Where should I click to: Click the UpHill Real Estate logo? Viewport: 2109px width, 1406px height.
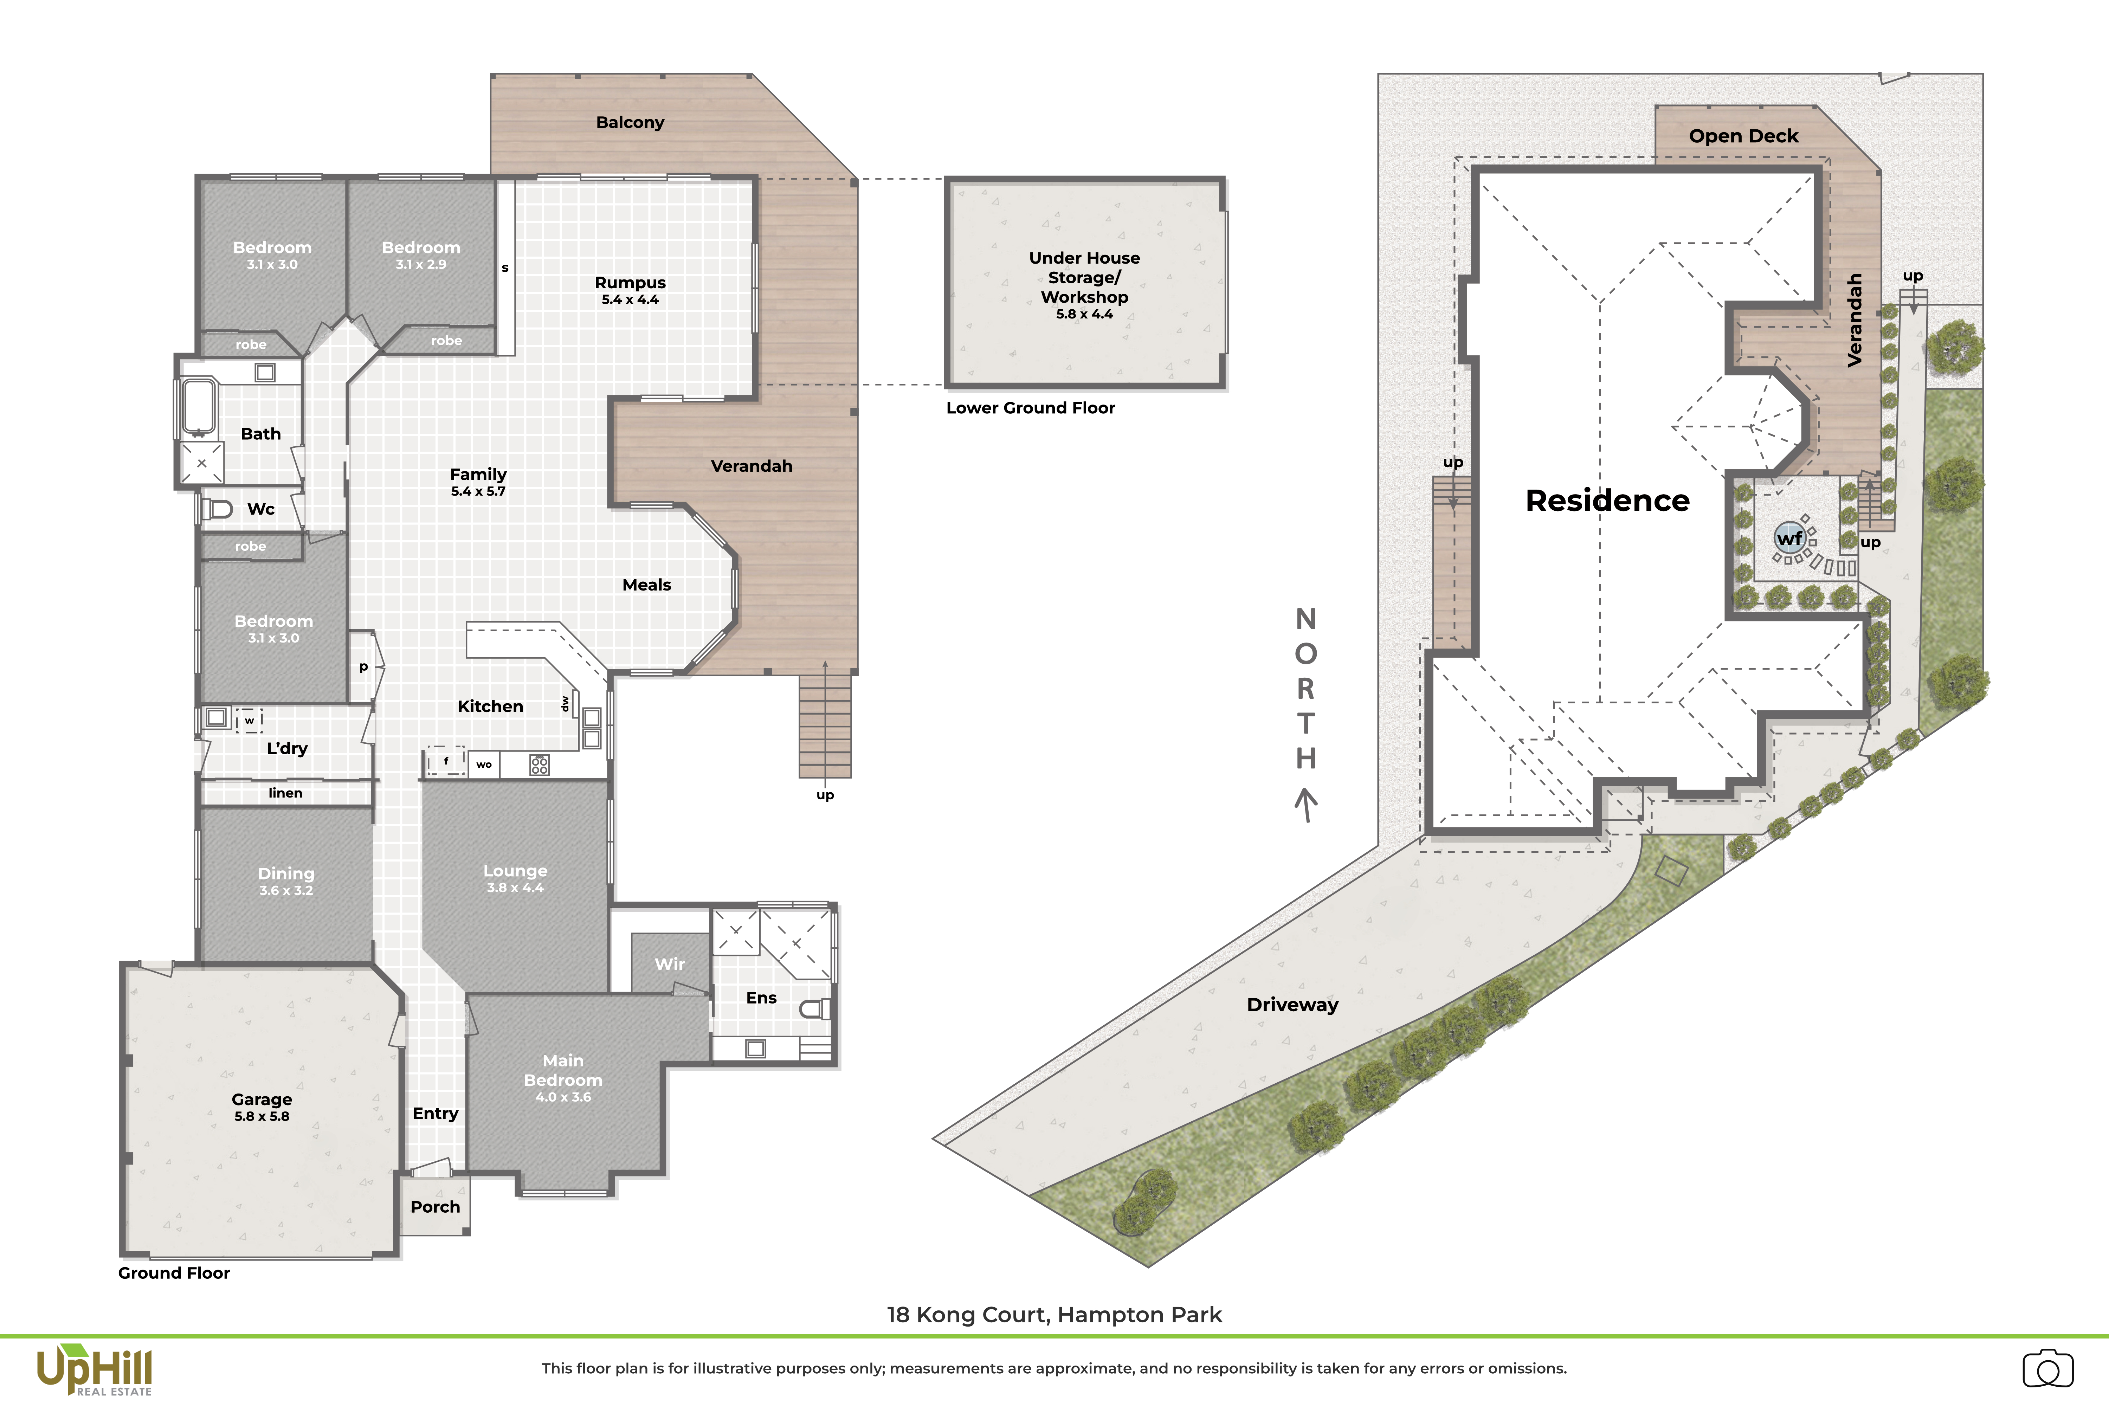click(94, 1370)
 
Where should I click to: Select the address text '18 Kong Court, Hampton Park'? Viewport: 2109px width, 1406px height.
click(1054, 1315)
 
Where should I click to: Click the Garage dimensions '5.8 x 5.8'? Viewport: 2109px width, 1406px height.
click(262, 1116)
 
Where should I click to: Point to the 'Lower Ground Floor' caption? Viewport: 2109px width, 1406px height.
click(1030, 408)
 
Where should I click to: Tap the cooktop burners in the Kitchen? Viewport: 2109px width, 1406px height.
click(539, 765)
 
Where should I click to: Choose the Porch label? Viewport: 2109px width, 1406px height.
click(435, 1207)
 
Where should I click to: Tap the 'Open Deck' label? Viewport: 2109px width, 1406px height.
click(1743, 136)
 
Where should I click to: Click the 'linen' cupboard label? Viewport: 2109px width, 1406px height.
click(285, 793)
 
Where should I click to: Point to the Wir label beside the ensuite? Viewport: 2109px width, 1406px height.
click(670, 964)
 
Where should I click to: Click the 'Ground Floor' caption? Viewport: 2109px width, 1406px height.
click(174, 1273)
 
